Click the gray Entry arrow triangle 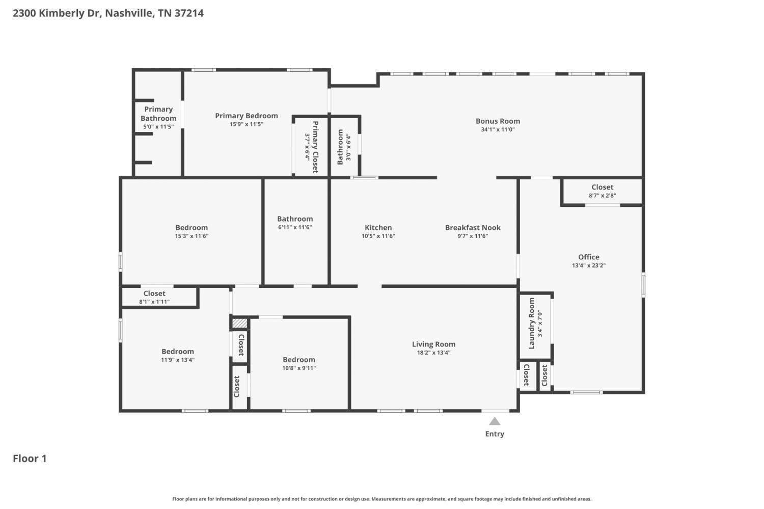tap(495, 422)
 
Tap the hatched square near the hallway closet tap(240, 323)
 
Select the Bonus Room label tap(498, 121)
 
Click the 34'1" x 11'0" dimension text tap(498, 129)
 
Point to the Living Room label tap(433, 344)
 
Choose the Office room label tap(589, 257)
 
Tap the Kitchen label tap(378, 228)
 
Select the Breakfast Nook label tap(473, 228)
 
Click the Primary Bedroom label tap(246, 116)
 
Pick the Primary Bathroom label tap(158, 114)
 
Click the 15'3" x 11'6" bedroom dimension tap(192, 236)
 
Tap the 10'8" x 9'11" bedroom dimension tap(299, 368)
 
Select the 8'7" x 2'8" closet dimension tap(603, 196)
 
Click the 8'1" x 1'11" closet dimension tap(154, 302)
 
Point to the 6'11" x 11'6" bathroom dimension tap(295, 227)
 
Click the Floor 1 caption tap(30, 459)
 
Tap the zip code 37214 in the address tap(189, 13)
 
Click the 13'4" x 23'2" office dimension tap(589, 265)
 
